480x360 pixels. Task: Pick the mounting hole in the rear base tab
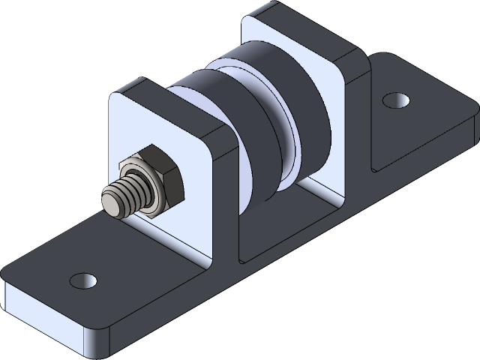click(393, 99)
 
